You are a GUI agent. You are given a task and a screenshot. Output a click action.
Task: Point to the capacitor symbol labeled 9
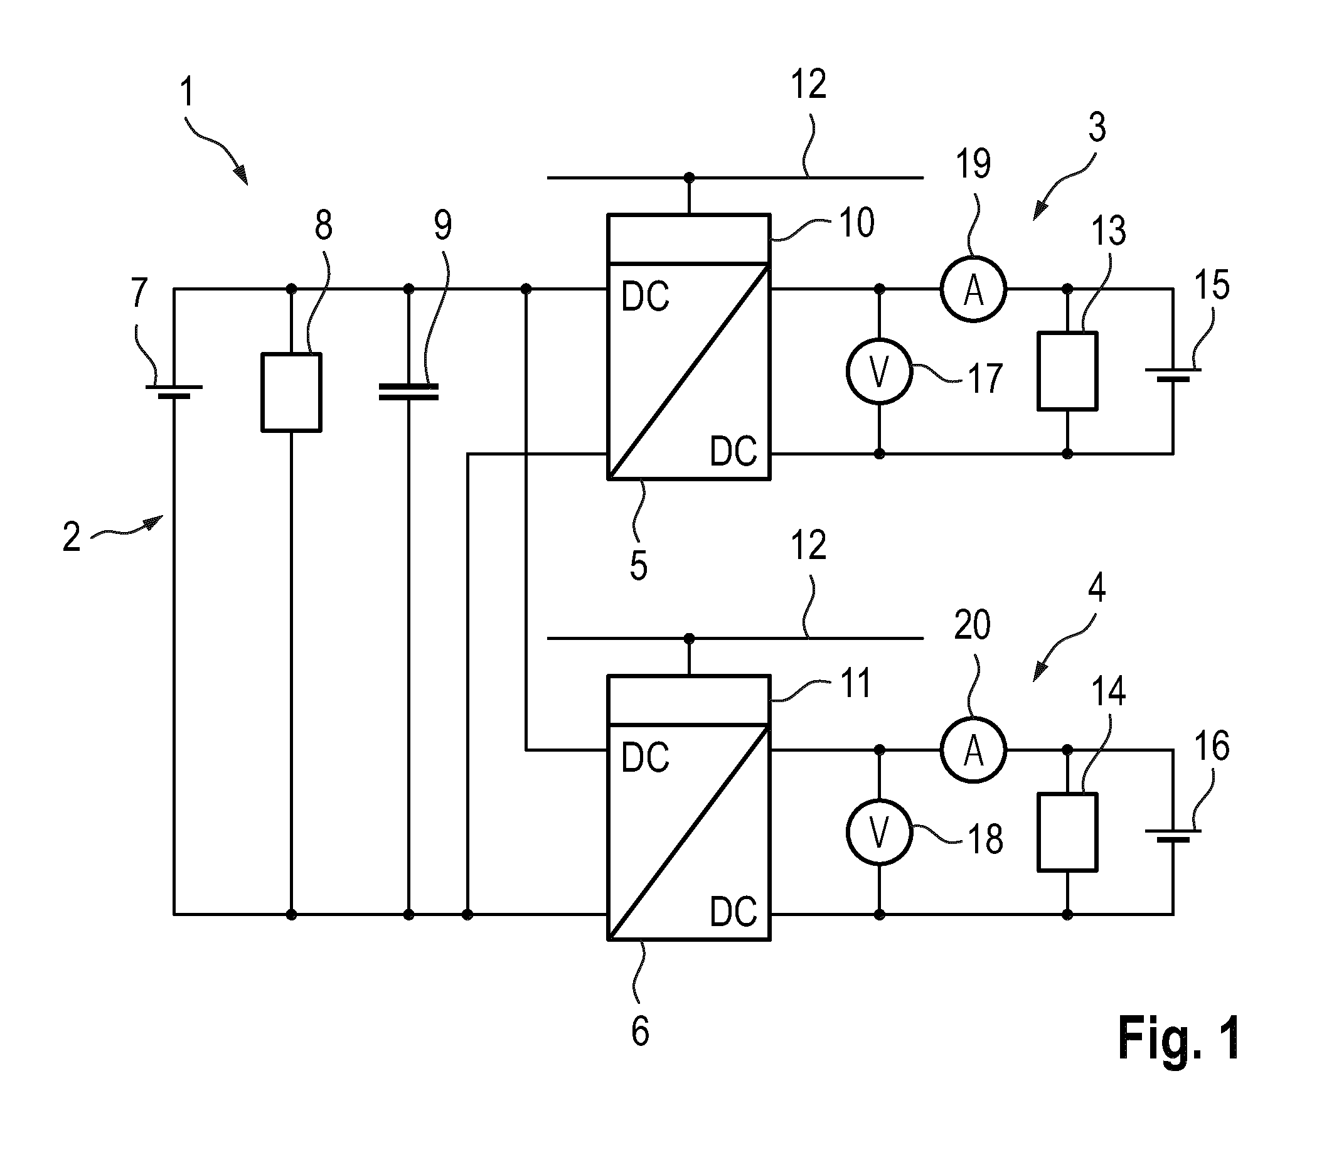[408, 391]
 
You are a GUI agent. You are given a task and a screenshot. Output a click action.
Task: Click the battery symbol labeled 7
[174, 391]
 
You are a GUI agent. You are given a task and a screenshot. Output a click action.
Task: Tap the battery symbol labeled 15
[1173, 375]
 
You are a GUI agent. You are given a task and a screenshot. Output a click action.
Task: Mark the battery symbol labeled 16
[1173, 836]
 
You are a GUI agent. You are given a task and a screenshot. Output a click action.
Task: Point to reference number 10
[856, 222]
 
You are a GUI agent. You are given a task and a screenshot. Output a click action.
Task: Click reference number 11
[855, 683]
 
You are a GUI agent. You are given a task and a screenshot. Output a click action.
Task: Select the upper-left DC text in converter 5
[645, 297]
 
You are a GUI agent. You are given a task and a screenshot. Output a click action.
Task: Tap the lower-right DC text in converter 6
[734, 911]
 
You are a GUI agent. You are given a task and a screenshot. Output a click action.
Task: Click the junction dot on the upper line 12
[690, 177]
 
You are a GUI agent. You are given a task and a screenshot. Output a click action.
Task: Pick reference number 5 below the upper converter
[639, 566]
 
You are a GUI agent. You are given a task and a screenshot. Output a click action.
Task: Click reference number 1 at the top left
[187, 92]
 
